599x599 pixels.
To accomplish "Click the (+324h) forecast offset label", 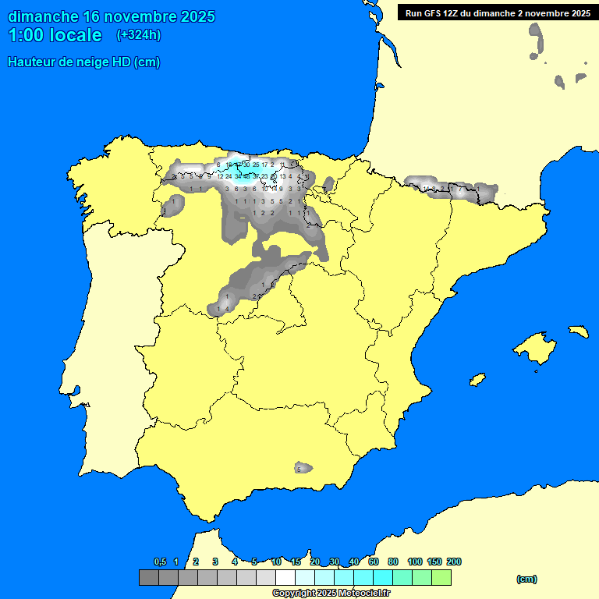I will (x=138, y=34).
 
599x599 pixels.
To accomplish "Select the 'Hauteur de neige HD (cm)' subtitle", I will (x=83, y=62).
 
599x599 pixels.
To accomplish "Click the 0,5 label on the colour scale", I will (x=160, y=562).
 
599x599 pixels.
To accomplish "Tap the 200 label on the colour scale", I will (x=453, y=562).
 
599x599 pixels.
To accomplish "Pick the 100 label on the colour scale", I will (x=415, y=562).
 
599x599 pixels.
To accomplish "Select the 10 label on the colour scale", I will (x=276, y=562).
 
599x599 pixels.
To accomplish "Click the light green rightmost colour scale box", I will (x=441, y=577).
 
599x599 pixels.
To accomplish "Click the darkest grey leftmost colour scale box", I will (x=149, y=577).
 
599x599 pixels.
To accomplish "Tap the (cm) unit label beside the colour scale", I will (x=526, y=579).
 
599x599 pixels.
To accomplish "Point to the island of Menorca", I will (x=578, y=331).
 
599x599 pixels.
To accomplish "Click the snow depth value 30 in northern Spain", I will (x=246, y=165).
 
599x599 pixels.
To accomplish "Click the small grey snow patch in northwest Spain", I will (x=172, y=206).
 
